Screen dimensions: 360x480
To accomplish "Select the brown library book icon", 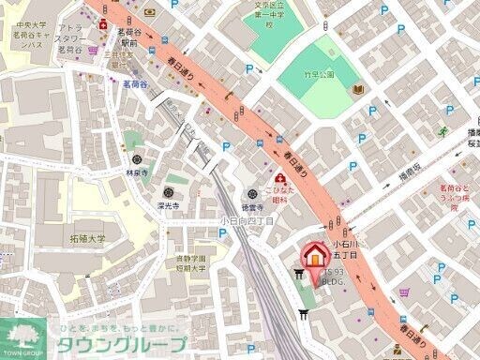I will point(357,90).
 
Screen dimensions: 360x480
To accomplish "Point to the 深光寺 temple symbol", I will point(170,190).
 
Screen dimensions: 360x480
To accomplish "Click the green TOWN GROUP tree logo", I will point(25,334).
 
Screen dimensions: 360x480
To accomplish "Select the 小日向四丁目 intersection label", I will point(247,221).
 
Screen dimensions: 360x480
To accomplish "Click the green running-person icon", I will point(442,132).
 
